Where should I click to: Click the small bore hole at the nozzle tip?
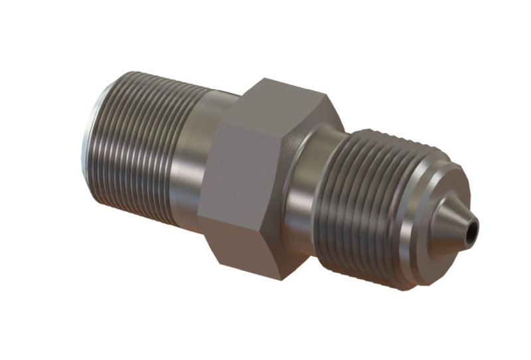coord(471,232)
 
